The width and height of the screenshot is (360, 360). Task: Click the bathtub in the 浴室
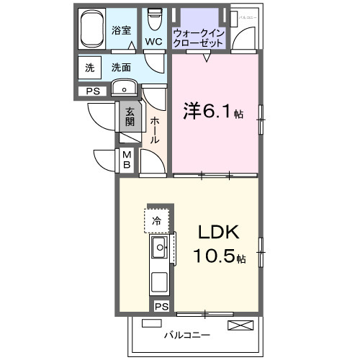click(92, 30)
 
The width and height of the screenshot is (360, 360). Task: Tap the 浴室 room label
click(122, 30)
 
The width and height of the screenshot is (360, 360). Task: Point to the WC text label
click(153, 42)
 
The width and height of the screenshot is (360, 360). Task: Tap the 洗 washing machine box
click(90, 68)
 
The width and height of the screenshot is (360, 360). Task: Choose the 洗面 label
click(121, 68)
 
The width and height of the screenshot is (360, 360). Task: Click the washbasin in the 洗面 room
click(125, 90)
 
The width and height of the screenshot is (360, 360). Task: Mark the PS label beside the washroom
click(94, 91)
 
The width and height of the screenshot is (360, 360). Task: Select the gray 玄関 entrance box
click(130, 117)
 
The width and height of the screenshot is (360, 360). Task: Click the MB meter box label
click(126, 160)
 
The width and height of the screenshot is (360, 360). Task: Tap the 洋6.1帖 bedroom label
click(209, 112)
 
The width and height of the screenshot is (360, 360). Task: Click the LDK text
click(217, 234)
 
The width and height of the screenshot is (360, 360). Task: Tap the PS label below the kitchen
click(163, 307)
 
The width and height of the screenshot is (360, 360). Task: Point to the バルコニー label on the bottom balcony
click(186, 336)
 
